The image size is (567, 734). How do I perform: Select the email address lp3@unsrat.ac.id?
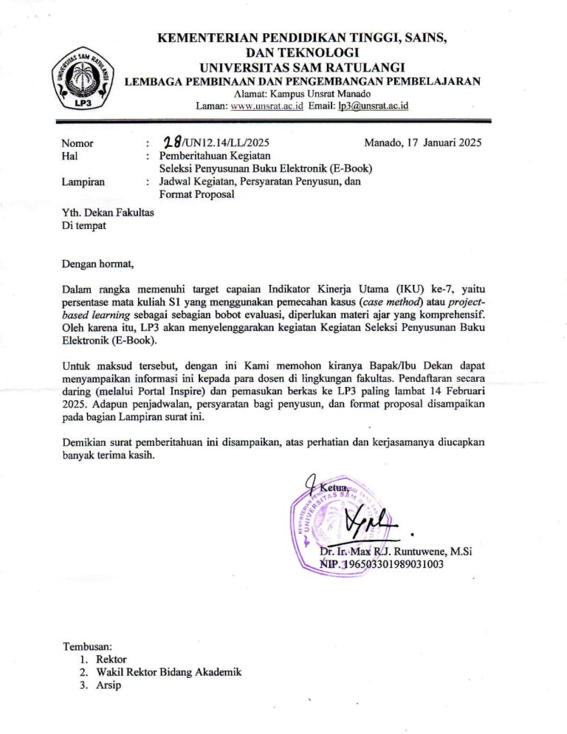point(373,106)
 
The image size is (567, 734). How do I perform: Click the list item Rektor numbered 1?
point(111,659)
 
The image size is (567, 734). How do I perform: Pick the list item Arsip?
point(109,685)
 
